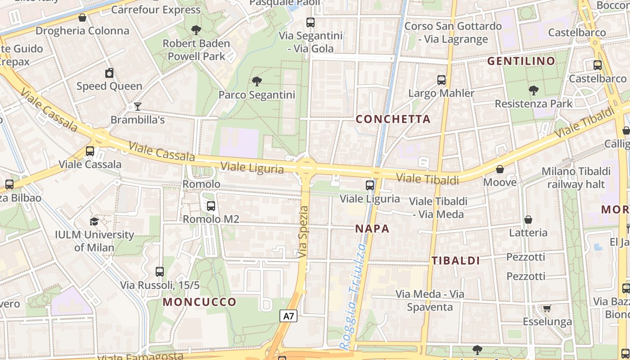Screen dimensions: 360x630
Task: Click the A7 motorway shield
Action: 289,316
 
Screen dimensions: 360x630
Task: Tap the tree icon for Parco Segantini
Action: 257,81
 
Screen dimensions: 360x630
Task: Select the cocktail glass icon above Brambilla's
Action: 137,107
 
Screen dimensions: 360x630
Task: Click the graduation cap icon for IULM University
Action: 94,221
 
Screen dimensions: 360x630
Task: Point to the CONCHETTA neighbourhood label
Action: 393,119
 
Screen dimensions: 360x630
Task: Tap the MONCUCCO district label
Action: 199,302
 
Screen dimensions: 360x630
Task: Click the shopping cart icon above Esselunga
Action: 547,309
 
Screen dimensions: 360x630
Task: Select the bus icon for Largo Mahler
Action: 441,80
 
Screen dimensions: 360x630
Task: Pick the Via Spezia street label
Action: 304,232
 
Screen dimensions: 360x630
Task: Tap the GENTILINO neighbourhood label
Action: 522,61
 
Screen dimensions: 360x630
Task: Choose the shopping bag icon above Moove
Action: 499,169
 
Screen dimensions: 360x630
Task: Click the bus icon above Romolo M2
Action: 211,206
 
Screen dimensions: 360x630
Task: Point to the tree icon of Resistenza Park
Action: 533,90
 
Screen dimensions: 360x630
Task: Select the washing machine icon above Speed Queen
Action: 109,73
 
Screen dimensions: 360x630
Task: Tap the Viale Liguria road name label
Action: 252,168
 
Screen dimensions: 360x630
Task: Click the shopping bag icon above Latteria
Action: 528,220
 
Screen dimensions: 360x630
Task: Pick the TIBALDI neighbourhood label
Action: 456,261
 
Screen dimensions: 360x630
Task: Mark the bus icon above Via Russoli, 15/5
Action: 160,272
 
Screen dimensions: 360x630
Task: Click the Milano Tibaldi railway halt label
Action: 576,178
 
